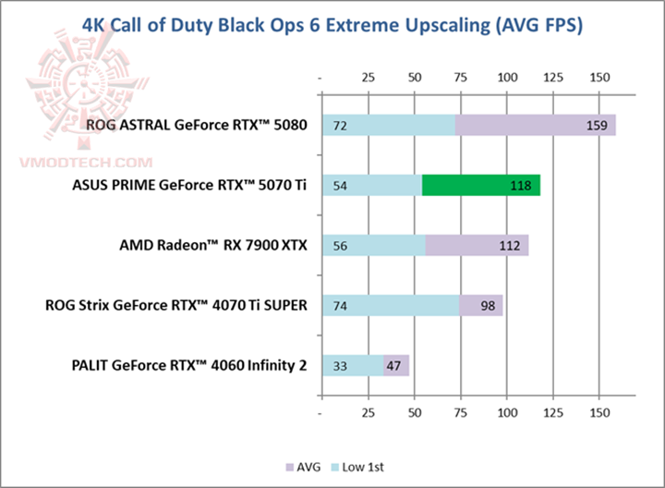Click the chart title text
[332, 25]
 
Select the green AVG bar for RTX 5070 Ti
[480, 186]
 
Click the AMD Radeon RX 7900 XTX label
[213, 246]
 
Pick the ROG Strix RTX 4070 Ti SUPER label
[175, 306]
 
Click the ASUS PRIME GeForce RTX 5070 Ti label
[190, 186]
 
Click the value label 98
[484, 306]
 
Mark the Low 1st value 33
[339, 366]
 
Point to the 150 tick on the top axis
[599, 75]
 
